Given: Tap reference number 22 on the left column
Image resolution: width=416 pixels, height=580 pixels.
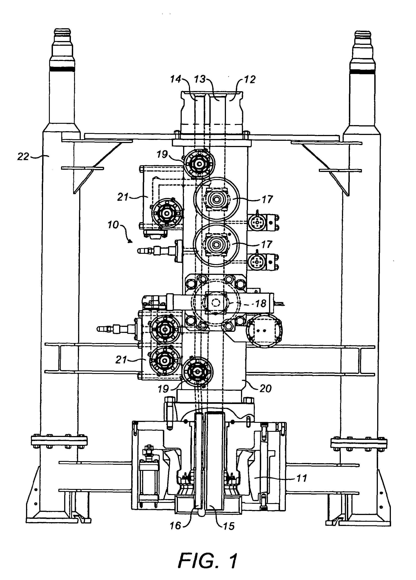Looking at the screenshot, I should click(23, 156).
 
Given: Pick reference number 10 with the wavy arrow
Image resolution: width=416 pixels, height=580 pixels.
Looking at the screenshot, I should click(113, 225).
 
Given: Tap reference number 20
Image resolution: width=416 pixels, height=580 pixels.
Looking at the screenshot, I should click(265, 389).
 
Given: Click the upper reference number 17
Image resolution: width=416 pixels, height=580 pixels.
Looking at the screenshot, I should click(267, 199).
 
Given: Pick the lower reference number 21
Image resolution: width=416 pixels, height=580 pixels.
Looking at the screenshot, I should click(121, 360).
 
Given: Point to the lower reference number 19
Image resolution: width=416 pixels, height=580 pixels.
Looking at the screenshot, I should click(163, 389).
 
